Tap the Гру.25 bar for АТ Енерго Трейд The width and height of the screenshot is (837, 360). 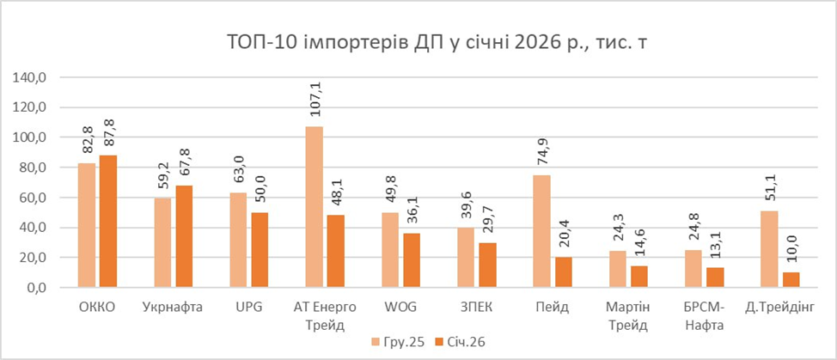coord(315,207)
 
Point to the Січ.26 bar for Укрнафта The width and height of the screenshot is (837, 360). coord(185,236)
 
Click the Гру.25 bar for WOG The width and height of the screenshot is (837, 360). coord(390,250)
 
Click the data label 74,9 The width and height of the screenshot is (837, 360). coord(542,150)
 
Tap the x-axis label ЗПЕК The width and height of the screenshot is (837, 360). coord(476,307)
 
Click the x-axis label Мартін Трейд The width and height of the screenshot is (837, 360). coord(627,315)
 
